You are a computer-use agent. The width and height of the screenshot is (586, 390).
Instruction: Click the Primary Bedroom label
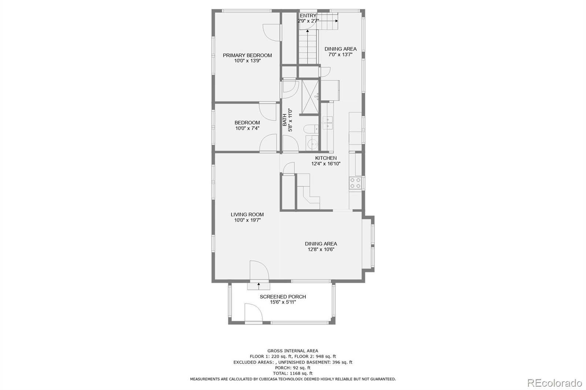(x=247, y=55)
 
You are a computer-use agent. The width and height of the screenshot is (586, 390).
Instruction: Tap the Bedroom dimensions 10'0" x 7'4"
(x=247, y=128)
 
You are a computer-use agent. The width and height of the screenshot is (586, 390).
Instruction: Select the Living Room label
(x=247, y=214)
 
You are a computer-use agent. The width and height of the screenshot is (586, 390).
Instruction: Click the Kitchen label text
(x=326, y=158)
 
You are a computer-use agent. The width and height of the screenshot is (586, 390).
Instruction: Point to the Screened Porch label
(x=283, y=296)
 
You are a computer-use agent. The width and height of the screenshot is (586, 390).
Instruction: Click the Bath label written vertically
(x=285, y=120)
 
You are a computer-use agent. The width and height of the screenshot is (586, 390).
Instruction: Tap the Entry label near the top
(x=308, y=16)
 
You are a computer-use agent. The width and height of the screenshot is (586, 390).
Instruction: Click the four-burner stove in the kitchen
(x=355, y=183)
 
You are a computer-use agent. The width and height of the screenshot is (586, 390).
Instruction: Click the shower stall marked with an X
(x=310, y=97)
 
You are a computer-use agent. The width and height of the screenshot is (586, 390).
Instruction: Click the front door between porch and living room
(x=259, y=271)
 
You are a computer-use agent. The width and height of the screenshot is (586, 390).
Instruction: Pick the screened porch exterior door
(x=253, y=313)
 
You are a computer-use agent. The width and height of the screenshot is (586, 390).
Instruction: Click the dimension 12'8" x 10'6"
(x=321, y=250)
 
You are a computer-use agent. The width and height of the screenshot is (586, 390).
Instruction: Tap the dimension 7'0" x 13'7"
(x=340, y=55)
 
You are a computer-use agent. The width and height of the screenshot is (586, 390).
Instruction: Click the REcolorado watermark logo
(x=554, y=383)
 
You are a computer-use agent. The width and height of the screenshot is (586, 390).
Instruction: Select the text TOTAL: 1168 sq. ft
(x=293, y=373)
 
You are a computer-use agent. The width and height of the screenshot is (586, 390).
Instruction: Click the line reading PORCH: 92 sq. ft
(x=293, y=368)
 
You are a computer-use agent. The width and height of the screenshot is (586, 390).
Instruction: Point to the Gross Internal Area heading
(x=293, y=350)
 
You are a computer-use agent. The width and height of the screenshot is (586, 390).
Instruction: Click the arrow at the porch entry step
(x=259, y=285)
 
